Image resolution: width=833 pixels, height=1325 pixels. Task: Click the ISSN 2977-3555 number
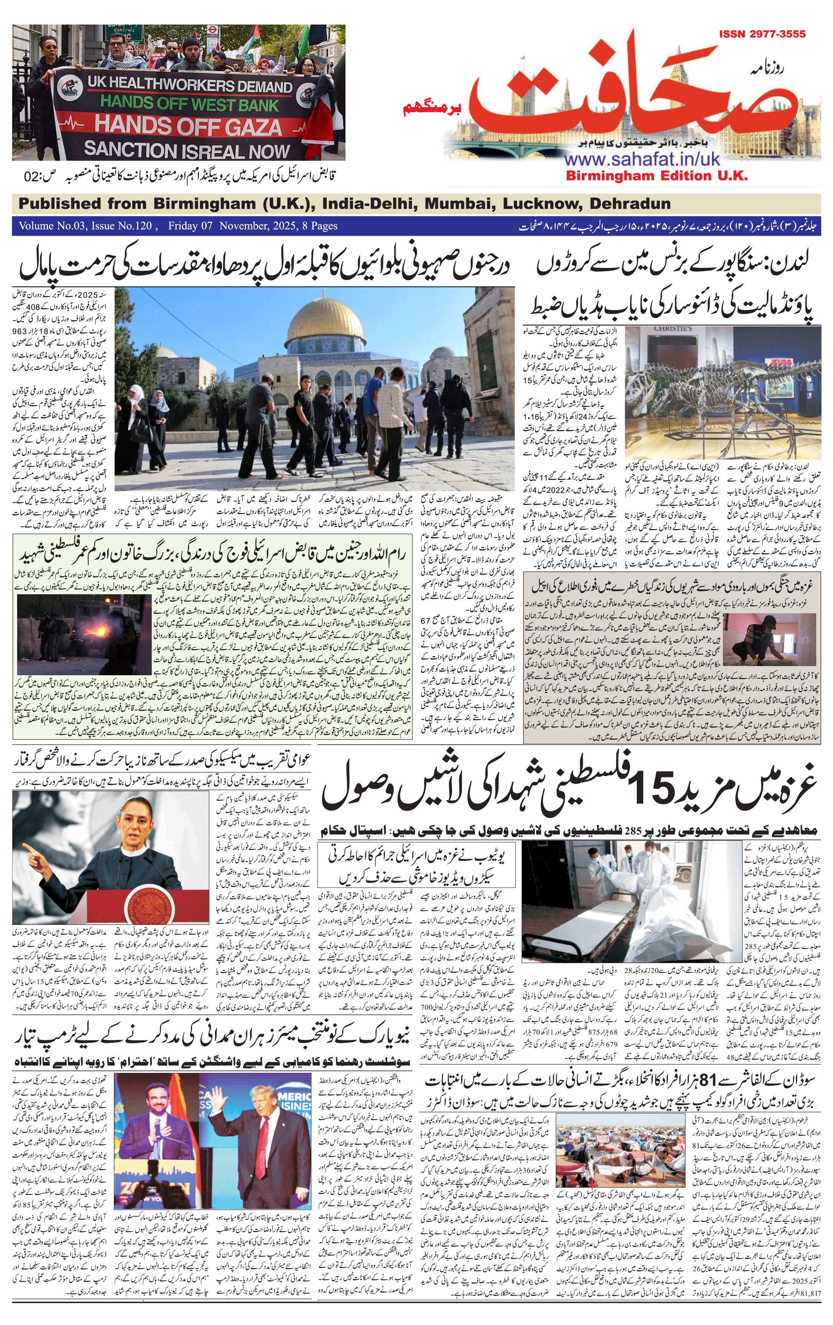(x=762, y=34)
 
